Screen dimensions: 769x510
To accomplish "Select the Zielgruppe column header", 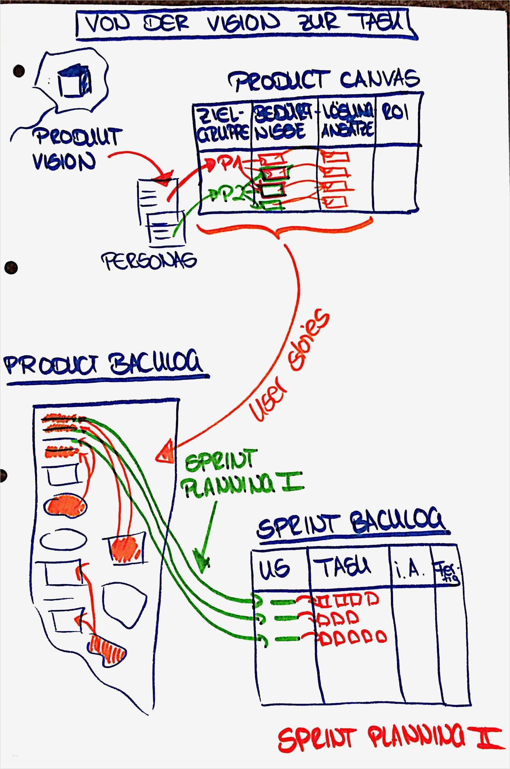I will [x=223, y=125].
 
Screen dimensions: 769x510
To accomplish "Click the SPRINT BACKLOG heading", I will [x=351, y=523].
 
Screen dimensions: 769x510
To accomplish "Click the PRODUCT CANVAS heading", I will [x=324, y=80].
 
